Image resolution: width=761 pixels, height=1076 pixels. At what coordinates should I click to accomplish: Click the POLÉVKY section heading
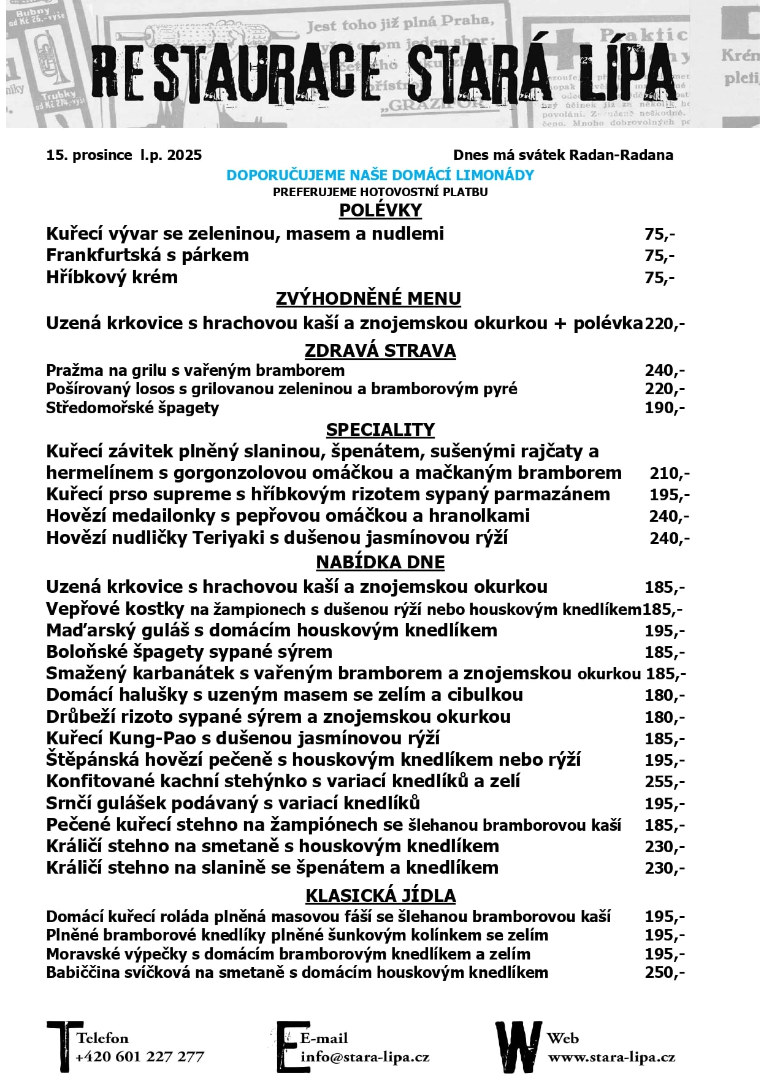click(x=380, y=210)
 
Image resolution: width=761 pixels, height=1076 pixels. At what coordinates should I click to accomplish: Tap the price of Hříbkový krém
click(x=659, y=278)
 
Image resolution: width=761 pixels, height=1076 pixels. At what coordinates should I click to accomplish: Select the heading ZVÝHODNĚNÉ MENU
click(x=368, y=299)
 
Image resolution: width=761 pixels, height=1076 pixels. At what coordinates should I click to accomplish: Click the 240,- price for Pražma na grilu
click(x=664, y=370)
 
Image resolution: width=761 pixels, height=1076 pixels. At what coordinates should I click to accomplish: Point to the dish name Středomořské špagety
click(x=132, y=408)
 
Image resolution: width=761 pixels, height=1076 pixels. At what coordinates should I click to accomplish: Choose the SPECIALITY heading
click(x=380, y=430)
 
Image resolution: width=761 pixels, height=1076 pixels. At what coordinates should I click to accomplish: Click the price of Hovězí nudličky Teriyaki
click(x=669, y=538)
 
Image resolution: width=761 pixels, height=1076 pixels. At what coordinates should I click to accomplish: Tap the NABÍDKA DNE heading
click(x=380, y=562)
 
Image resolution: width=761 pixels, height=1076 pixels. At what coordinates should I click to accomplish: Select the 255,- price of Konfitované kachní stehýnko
click(x=664, y=782)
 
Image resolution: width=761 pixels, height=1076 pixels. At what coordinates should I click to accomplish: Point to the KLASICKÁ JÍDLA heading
click(x=380, y=896)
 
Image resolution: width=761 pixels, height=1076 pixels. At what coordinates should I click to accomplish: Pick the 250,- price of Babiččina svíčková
click(x=664, y=972)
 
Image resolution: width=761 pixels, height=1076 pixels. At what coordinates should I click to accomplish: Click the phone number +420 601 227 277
click(x=140, y=1057)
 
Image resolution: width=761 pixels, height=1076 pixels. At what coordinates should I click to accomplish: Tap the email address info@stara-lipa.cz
click(x=365, y=1057)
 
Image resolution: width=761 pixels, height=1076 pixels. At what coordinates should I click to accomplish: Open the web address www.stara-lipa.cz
click(x=611, y=1057)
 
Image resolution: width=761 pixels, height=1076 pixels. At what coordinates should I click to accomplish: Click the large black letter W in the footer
click(x=518, y=1046)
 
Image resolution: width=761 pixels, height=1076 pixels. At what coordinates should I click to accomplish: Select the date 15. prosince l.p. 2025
click(x=124, y=155)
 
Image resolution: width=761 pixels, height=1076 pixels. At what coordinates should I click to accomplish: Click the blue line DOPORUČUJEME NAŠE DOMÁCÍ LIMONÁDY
click(x=380, y=175)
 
